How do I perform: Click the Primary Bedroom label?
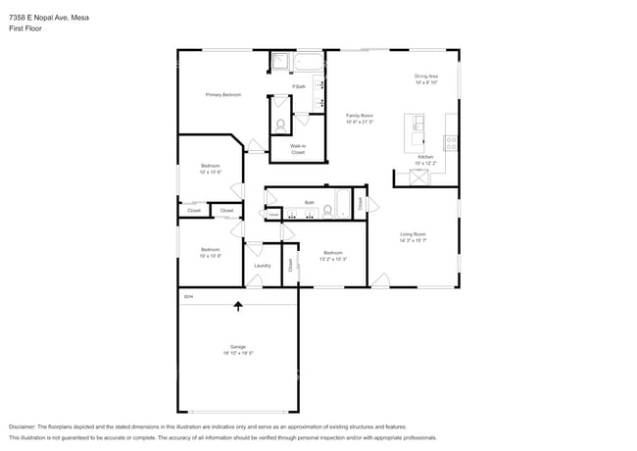click(222, 95)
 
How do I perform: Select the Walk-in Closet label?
click(297, 149)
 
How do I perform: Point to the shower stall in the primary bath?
click(280, 62)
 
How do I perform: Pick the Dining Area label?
click(425, 75)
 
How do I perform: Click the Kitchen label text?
click(425, 157)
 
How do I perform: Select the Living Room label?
click(413, 233)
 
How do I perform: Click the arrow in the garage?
click(237, 306)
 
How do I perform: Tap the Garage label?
click(237, 347)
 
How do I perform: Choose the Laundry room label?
click(262, 266)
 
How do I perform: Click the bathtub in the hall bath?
click(343, 205)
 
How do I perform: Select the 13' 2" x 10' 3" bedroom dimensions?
click(334, 259)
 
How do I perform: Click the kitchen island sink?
click(418, 124)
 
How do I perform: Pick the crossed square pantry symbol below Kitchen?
click(418, 177)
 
